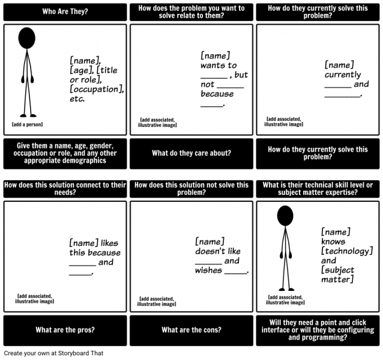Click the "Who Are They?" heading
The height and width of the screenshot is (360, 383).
[x=65, y=11]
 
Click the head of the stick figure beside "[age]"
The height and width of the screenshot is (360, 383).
[x=27, y=38]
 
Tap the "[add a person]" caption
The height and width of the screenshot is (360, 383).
[x=28, y=124]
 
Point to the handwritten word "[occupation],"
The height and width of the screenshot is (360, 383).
[x=97, y=90]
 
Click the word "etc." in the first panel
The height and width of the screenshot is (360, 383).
[x=77, y=99]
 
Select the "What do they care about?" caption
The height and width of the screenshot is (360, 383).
[x=191, y=153]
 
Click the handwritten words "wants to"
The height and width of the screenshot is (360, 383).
[x=219, y=66]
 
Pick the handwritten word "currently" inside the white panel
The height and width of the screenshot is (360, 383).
[x=343, y=75]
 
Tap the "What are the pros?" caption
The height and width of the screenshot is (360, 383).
[x=65, y=330]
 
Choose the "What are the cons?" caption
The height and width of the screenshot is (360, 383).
[x=191, y=330]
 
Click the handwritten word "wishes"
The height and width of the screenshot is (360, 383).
[x=208, y=270]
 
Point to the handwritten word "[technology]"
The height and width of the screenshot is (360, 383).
[x=347, y=251]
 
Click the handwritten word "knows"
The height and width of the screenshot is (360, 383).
[x=333, y=242]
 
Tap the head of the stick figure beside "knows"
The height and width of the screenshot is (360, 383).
[x=285, y=216]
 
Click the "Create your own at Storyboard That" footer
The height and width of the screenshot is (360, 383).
[x=53, y=353]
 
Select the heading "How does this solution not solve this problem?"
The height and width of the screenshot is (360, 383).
[x=191, y=189]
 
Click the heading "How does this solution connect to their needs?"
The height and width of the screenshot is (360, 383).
[x=65, y=189]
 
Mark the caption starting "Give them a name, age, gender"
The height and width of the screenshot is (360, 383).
[x=65, y=153]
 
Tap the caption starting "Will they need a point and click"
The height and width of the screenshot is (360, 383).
[x=318, y=330]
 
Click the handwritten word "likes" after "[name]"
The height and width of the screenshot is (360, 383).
[x=109, y=243]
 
